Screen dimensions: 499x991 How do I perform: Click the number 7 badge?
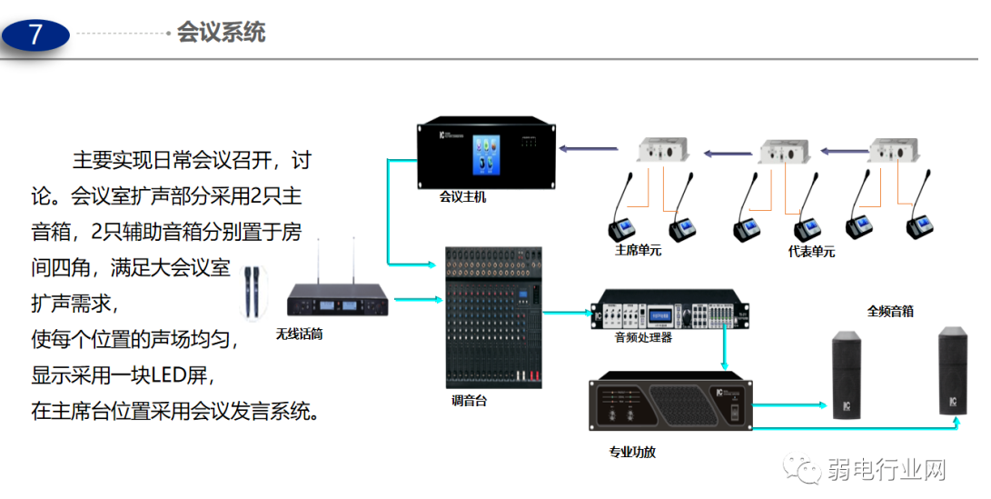[x=35, y=35]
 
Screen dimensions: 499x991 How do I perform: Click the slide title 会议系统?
[x=221, y=33]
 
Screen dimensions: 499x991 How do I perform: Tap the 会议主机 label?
[x=462, y=196]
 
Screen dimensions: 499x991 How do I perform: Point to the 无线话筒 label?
[x=299, y=334]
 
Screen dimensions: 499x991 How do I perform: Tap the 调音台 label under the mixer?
[x=469, y=400]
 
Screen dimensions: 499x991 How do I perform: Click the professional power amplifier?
[x=669, y=404]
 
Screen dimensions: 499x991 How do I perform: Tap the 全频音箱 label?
[x=889, y=311]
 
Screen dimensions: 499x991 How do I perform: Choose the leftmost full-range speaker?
[x=847, y=374]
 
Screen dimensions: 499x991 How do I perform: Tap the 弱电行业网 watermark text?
[x=887, y=469]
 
